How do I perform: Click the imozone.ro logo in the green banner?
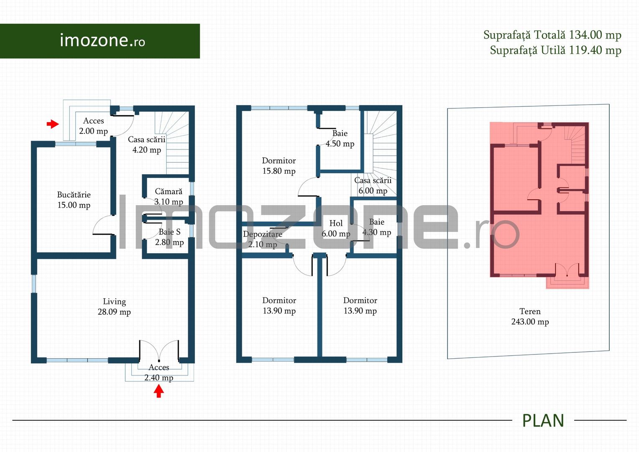click(x=102, y=41)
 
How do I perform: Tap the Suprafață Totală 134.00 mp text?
click(x=552, y=35)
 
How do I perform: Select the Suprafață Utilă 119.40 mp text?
click(x=555, y=50)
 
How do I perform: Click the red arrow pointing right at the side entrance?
click(x=52, y=124)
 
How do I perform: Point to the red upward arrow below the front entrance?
click(x=158, y=391)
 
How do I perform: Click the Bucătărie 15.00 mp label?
click(x=74, y=200)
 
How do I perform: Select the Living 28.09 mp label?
click(x=114, y=307)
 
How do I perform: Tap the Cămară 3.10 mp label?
click(x=169, y=197)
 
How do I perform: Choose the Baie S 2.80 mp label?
click(x=169, y=237)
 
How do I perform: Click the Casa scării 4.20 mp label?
click(x=147, y=145)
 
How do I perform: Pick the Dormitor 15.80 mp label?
click(x=279, y=166)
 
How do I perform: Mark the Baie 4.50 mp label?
click(x=340, y=139)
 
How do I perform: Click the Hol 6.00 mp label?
click(x=336, y=229)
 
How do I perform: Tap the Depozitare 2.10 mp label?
click(x=263, y=239)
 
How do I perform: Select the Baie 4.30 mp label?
click(x=376, y=227)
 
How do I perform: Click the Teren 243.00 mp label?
click(x=530, y=316)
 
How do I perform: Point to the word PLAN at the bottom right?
click(x=543, y=421)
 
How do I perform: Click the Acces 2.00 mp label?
click(x=93, y=126)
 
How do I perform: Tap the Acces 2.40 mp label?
click(x=159, y=372)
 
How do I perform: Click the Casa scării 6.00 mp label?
click(x=373, y=185)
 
